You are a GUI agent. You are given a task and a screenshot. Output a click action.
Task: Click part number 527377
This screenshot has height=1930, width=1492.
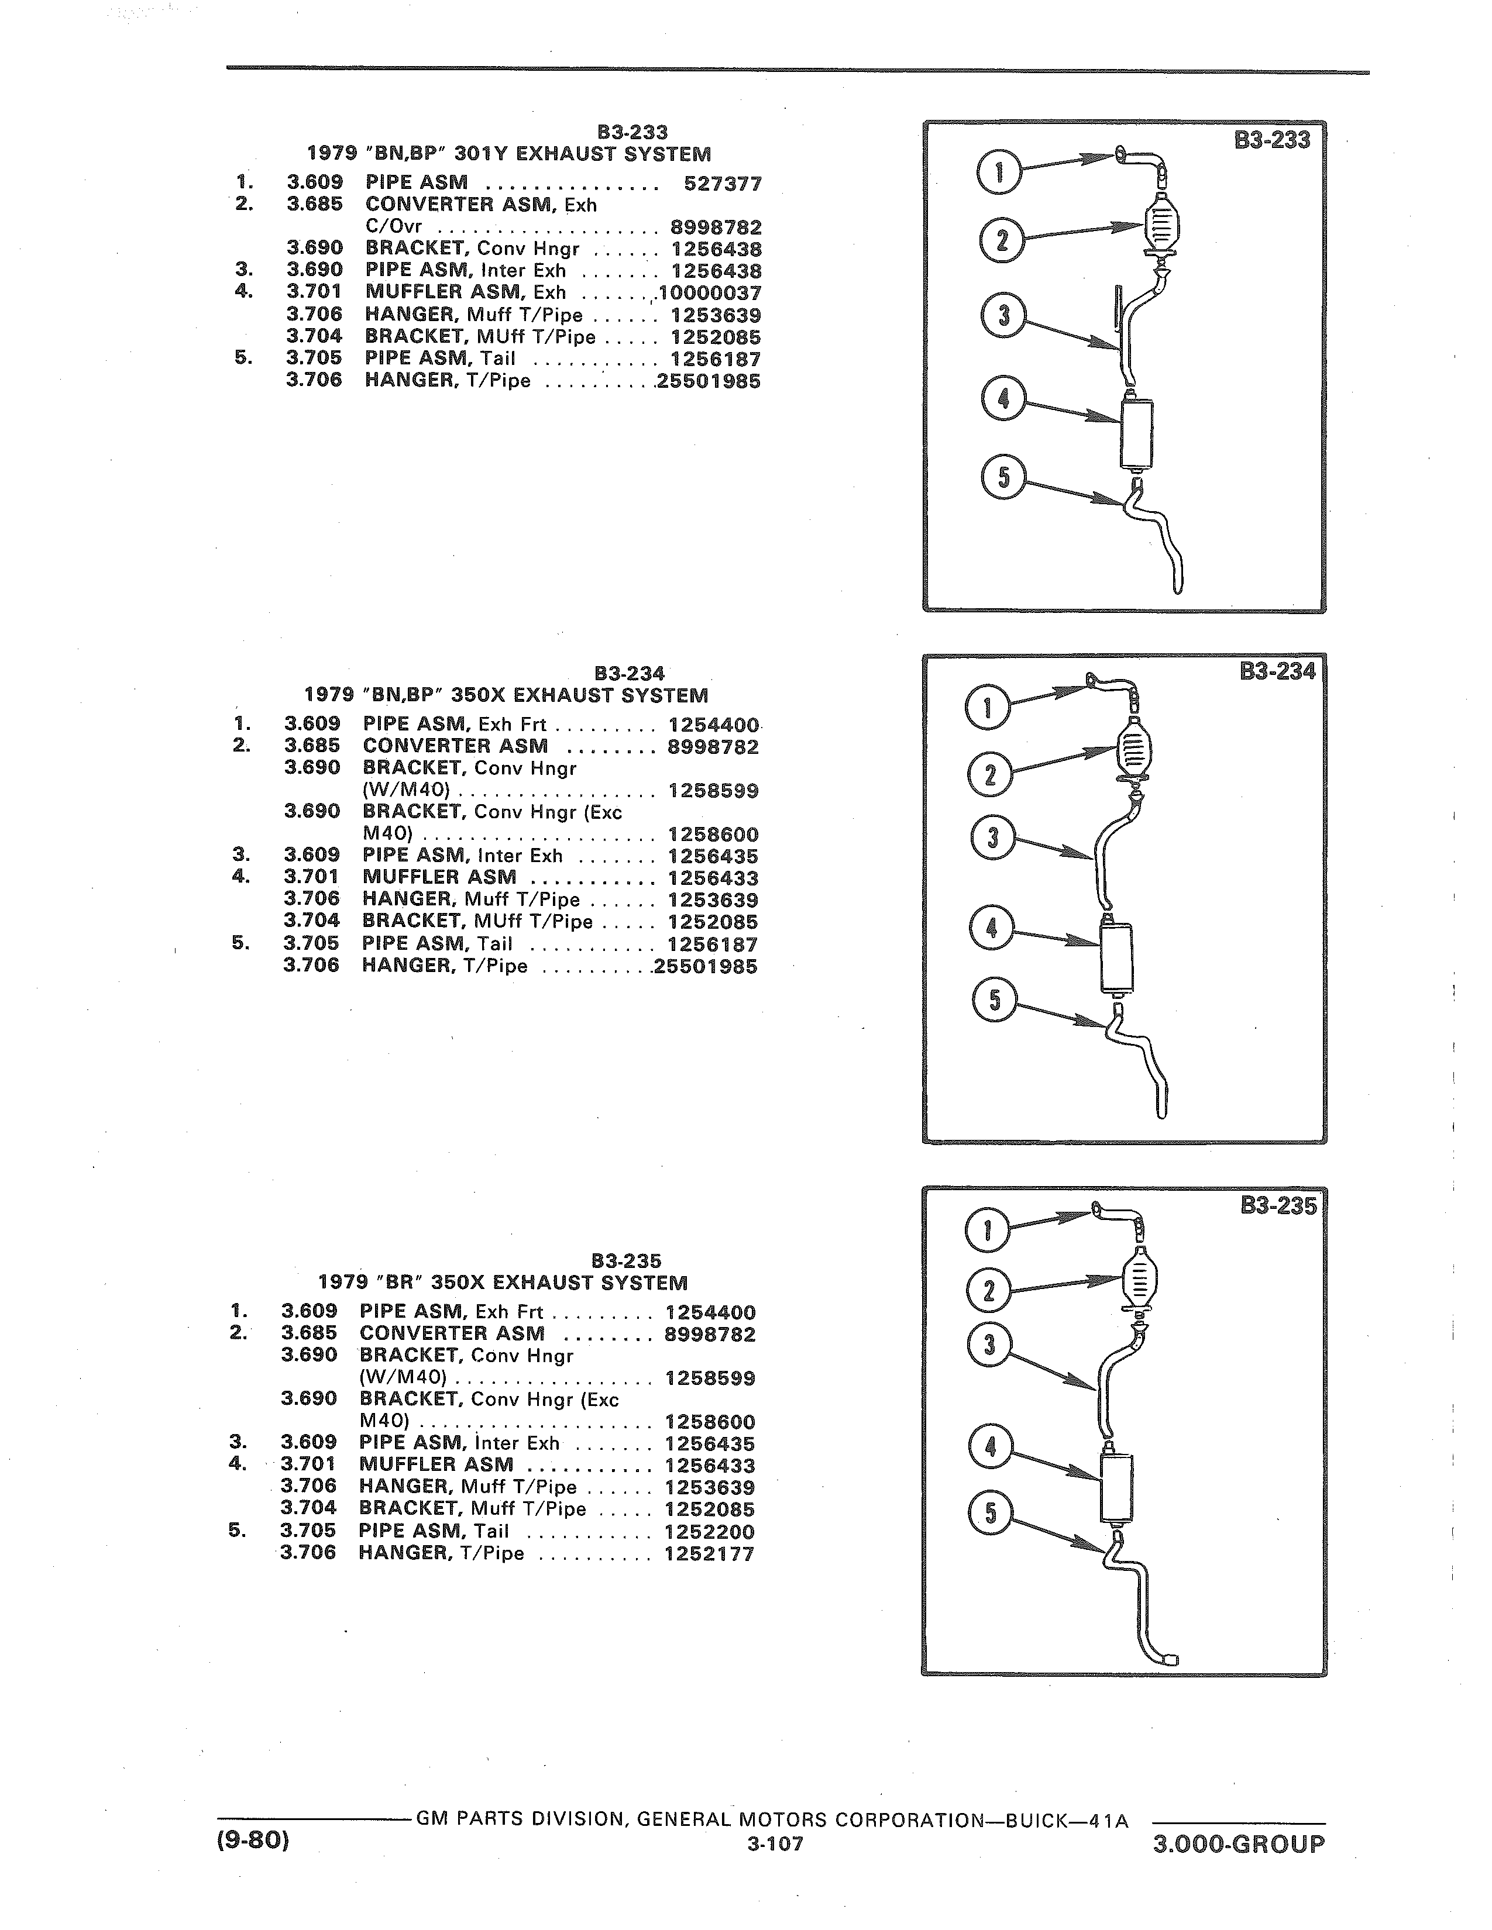point(723,184)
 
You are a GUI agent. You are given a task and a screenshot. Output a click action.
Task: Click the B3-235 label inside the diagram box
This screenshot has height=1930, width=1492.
point(1278,1206)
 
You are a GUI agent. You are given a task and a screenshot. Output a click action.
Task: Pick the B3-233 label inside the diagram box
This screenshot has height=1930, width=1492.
point(1272,140)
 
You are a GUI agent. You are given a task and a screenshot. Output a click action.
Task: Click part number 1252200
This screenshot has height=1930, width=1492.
point(710,1532)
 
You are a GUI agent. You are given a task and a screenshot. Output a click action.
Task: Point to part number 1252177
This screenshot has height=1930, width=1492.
point(710,1553)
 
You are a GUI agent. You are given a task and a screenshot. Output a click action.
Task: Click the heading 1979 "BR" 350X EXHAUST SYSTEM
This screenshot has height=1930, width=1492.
point(503,1282)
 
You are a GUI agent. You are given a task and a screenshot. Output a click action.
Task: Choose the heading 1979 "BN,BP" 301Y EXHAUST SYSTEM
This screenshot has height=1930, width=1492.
point(508,154)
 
